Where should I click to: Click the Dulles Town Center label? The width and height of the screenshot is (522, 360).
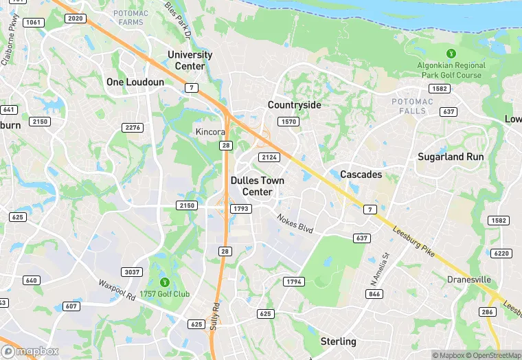(257, 186)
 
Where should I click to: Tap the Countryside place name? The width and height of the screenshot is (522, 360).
(294, 105)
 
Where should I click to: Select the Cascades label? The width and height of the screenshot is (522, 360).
(361, 175)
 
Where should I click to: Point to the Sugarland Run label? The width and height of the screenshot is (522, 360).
(451, 157)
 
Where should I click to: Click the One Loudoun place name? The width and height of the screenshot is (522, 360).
(135, 82)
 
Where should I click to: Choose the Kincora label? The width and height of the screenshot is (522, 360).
(210, 131)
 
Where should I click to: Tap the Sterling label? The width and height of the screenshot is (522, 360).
(338, 341)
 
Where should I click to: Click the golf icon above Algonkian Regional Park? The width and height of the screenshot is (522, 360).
(451, 53)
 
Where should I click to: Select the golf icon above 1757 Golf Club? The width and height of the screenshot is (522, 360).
(164, 282)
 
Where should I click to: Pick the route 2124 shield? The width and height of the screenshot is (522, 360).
(269, 157)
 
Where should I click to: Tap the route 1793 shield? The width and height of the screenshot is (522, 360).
(242, 208)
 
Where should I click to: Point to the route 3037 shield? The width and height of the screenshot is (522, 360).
(130, 272)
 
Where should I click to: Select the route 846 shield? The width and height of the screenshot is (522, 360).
(374, 294)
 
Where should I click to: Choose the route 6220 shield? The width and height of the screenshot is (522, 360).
(501, 254)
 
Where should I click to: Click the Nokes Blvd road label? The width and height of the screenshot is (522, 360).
(295, 223)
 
